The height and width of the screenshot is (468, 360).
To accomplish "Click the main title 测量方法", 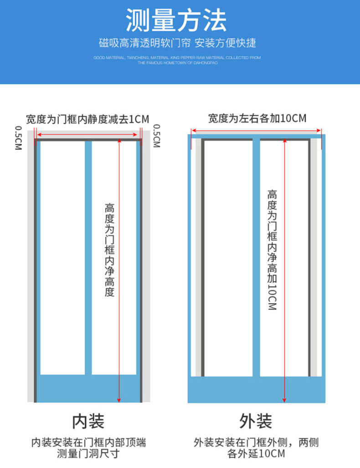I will pyautogui.click(x=176, y=21).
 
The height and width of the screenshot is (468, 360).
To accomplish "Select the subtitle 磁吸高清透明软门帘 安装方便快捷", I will pyautogui.click(x=178, y=43).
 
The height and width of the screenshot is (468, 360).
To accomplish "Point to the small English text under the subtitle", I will pyautogui.click(x=177, y=60).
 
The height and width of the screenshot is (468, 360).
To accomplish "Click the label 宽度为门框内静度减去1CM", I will pyautogui.click(x=87, y=119).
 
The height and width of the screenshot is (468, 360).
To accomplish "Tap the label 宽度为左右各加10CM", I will pyautogui.click(x=257, y=118).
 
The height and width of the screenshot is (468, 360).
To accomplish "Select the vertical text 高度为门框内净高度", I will pyautogui.click(x=109, y=250).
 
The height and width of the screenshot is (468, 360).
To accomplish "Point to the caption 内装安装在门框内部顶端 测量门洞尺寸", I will pyautogui.click(x=88, y=447).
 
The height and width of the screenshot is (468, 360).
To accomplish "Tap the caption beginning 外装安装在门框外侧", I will pyautogui.click(x=256, y=447).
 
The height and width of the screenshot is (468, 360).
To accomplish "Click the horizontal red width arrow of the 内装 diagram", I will pyautogui.click(x=87, y=134).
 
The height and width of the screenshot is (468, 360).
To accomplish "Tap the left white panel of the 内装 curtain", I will pyautogui.click(x=62, y=255).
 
